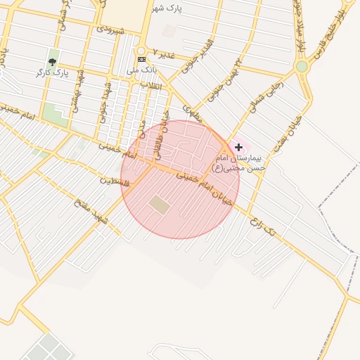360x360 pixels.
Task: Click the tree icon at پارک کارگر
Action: click(x=52, y=61)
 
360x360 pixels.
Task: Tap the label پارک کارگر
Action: click(x=52, y=72)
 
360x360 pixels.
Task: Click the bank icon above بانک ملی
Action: click(x=141, y=59)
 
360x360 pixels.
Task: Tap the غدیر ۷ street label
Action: click(x=163, y=57)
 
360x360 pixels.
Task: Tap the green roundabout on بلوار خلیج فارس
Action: click(x=302, y=66)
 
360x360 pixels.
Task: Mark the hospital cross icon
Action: click(x=239, y=147)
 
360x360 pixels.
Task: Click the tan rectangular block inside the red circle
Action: click(x=159, y=205)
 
